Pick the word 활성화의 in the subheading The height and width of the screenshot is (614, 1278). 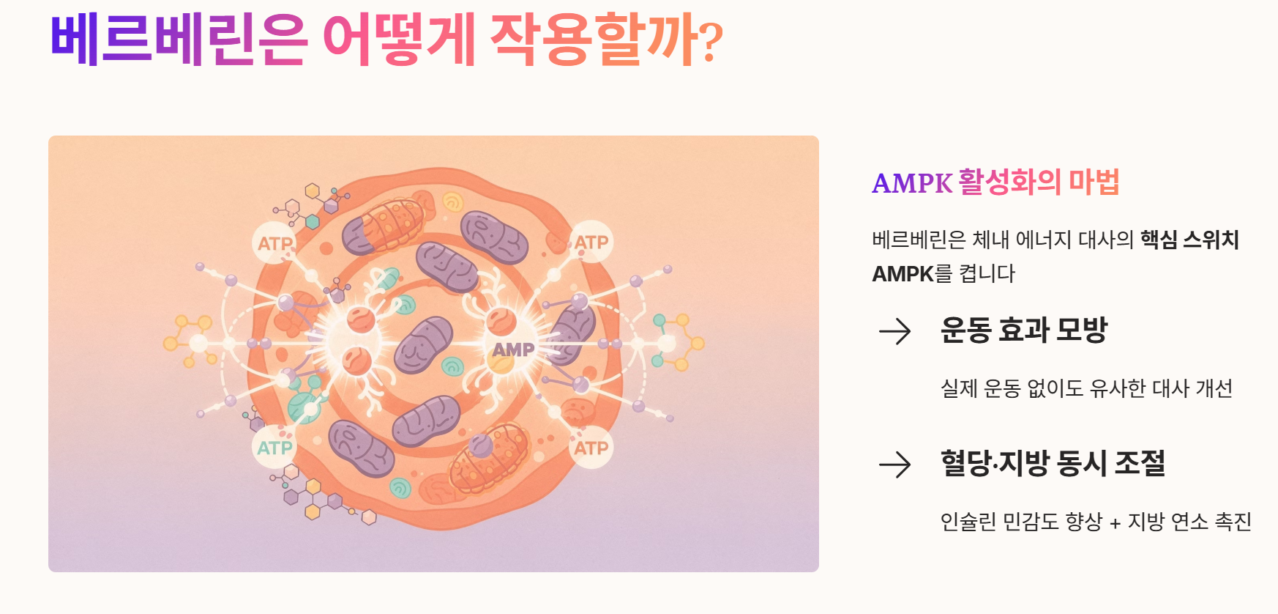[1009, 182]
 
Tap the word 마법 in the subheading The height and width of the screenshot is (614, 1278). [1094, 182]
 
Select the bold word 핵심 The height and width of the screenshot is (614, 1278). [1158, 240]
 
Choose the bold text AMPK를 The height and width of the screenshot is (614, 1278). [912, 274]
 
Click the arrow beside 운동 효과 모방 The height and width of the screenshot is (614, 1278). [894, 332]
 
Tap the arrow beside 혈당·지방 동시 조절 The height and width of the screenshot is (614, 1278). [894, 465]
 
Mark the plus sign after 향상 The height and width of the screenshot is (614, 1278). [1115, 523]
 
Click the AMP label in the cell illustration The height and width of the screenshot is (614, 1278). [513, 349]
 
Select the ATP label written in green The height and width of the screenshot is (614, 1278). [274, 447]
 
